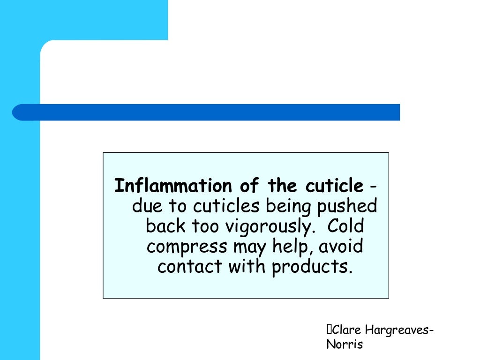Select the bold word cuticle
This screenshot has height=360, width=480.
(x=334, y=186)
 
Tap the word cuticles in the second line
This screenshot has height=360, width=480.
(x=228, y=206)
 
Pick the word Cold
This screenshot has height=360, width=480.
(x=345, y=226)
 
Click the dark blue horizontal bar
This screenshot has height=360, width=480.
(x=206, y=112)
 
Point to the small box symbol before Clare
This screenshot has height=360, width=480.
(x=329, y=330)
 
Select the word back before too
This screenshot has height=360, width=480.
(x=166, y=226)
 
